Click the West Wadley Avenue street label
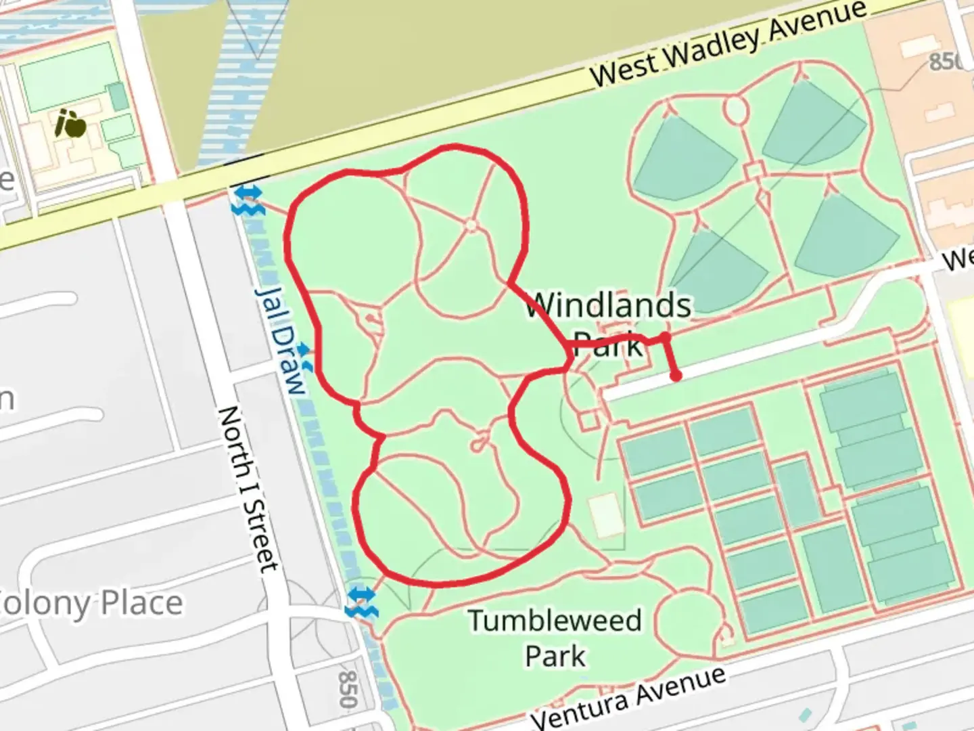[727, 44]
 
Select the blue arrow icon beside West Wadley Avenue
[247, 200]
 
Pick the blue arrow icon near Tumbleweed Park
[361, 602]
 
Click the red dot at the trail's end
[675, 376]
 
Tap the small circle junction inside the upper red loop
[471, 225]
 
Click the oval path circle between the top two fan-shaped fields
[735, 109]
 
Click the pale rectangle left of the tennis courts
[606, 514]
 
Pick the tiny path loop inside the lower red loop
[480, 444]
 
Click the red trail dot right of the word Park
[665, 336]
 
